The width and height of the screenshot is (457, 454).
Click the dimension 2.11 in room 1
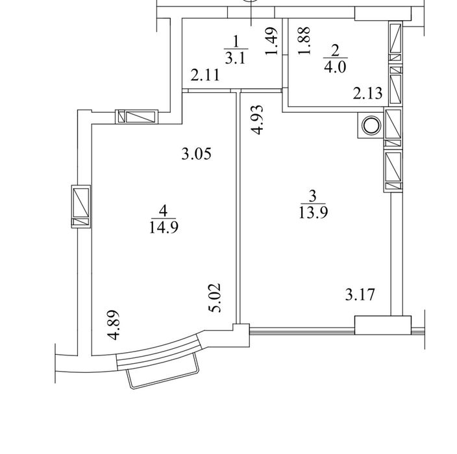205,75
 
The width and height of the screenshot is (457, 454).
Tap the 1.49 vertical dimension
271,41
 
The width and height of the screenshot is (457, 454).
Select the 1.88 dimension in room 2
303,40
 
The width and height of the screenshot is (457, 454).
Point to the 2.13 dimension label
367,93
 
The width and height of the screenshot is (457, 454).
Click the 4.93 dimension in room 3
257,120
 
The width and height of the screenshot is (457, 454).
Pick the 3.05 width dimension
196,154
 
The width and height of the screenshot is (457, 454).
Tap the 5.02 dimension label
215,298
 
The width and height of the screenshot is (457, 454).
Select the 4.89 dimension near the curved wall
113,324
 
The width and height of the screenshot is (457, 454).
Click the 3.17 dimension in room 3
360,294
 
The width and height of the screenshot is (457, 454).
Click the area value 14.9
164,228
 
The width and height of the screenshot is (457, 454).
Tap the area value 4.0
334,68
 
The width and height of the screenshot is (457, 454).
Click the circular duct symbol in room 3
371,126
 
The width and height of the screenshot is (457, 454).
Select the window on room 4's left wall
80,206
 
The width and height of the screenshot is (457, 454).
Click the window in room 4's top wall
137,117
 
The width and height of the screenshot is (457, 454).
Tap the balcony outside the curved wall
163,374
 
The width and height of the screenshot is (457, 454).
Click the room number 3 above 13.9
313,196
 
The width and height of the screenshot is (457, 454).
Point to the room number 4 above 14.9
163,211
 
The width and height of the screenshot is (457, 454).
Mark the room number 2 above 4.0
335,51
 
